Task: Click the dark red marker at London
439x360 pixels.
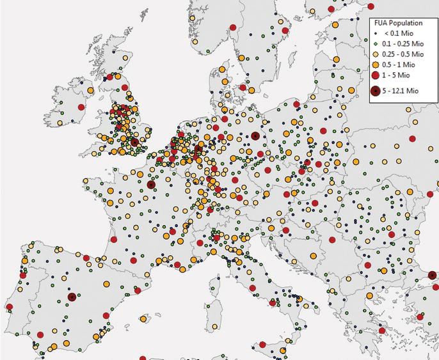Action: [x=134, y=142]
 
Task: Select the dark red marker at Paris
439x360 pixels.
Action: [x=151, y=185]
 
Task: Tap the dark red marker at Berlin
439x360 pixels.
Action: [x=255, y=136]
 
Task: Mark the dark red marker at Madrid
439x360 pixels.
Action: [x=72, y=297]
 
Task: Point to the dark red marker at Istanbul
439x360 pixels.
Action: [x=433, y=276]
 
